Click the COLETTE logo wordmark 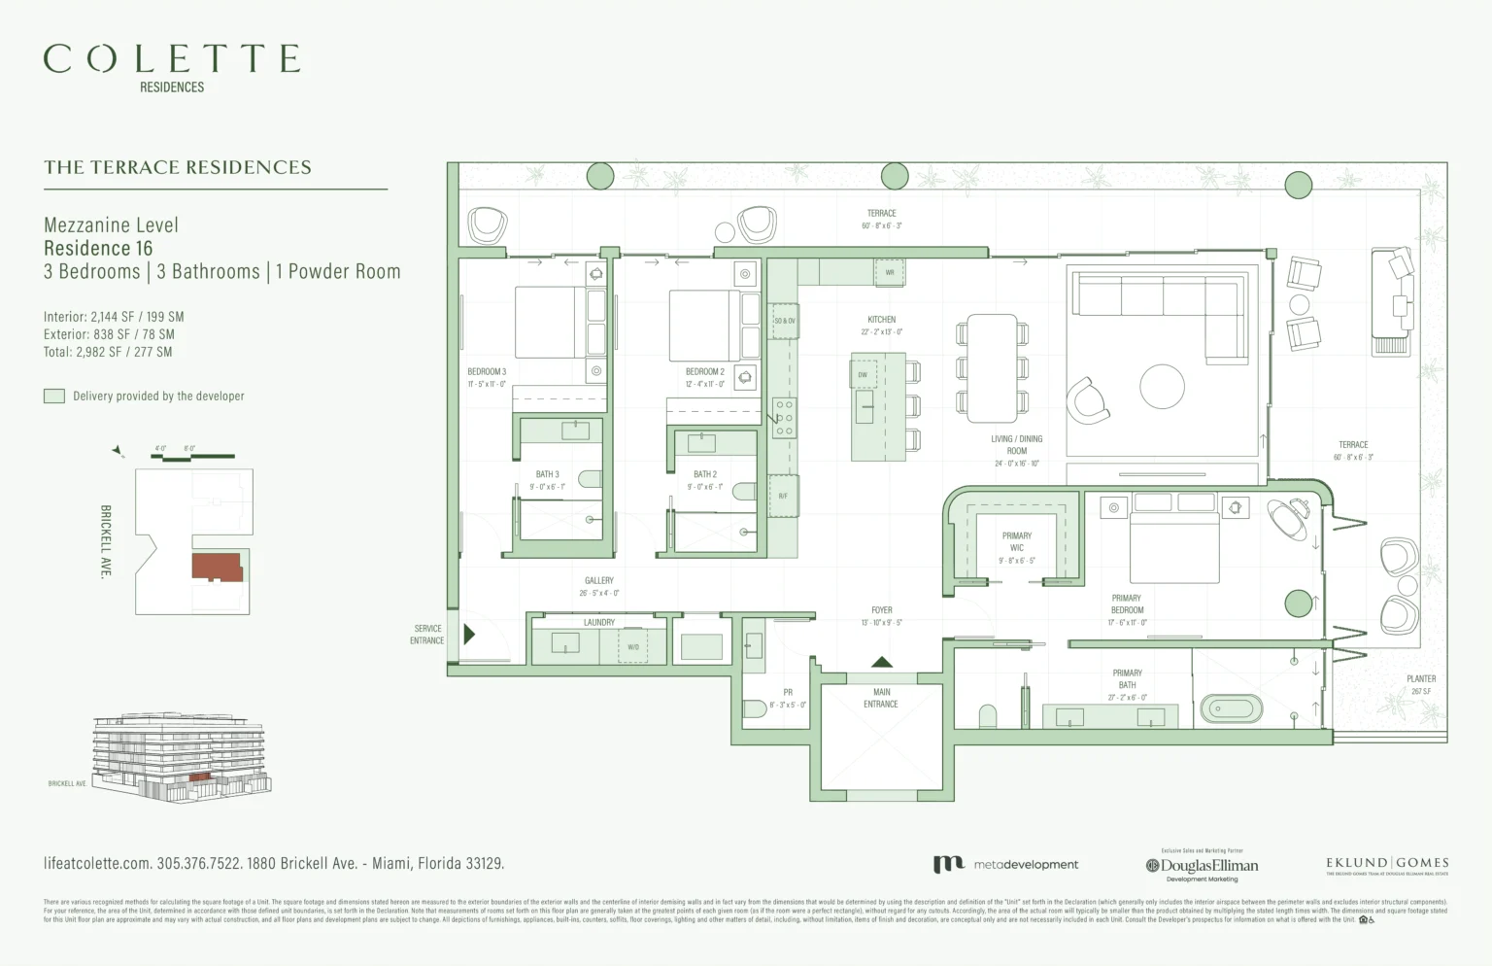[172, 59]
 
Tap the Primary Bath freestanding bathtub [1231, 707]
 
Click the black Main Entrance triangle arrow [881, 662]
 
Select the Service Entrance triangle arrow [469, 635]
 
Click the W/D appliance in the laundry [633, 646]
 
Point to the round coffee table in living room [1162, 386]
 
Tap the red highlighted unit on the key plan [217, 567]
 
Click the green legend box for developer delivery [54, 396]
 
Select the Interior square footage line [114, 317]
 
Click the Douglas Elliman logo [1202, 865]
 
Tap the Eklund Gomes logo [1387, 864]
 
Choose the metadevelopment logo [1005, 864]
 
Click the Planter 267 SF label [1420, 684]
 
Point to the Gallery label [598, 586]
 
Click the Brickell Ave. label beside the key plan [106, 541]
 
